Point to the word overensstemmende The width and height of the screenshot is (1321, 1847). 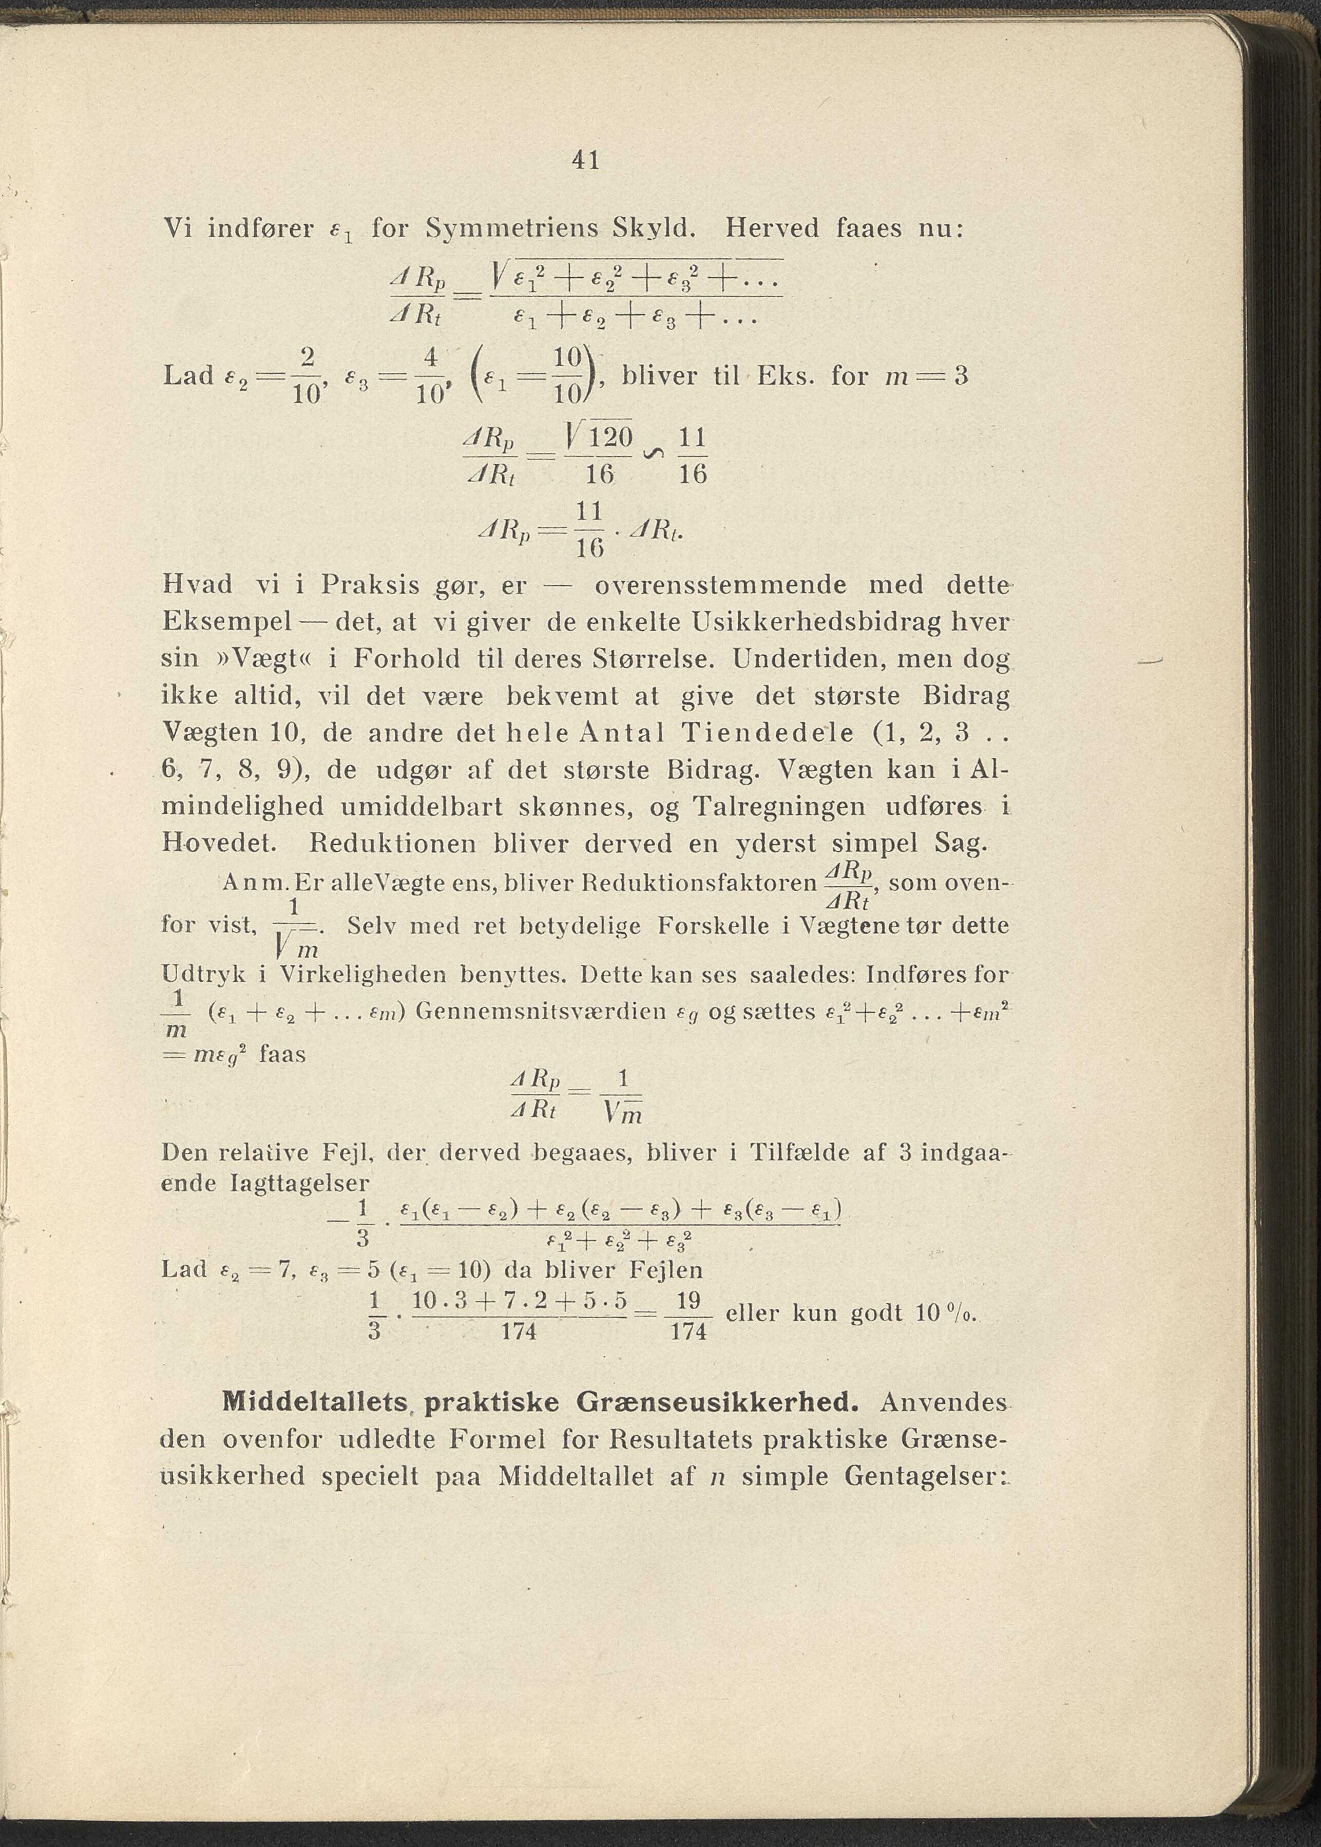click(721, 585)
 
